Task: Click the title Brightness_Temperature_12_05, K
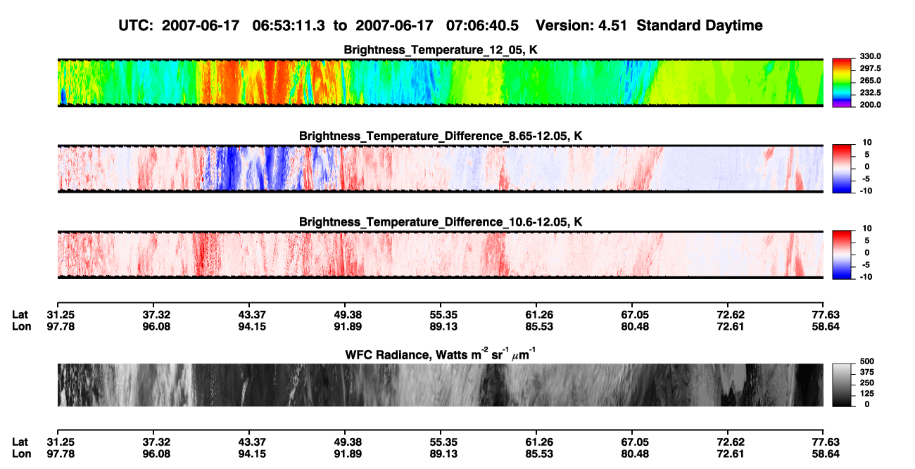441,50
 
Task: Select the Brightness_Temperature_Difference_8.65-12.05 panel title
441,136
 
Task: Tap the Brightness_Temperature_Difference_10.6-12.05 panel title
441,222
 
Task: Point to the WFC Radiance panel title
440,354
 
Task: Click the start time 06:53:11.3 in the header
289,26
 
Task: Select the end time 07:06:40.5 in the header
482,26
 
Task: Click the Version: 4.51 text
581,26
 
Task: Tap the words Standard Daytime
700,26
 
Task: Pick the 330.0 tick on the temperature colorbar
870,56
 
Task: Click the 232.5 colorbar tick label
870,93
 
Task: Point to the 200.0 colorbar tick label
870,105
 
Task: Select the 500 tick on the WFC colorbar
867,361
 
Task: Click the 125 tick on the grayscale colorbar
867,394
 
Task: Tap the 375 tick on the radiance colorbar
867,372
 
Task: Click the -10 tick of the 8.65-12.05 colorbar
865,191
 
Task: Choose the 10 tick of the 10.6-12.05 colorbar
867,229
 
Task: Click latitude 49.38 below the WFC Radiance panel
348,442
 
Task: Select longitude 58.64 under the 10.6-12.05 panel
826,327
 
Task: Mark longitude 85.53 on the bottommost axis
539,454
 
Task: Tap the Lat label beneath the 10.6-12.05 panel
20,315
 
